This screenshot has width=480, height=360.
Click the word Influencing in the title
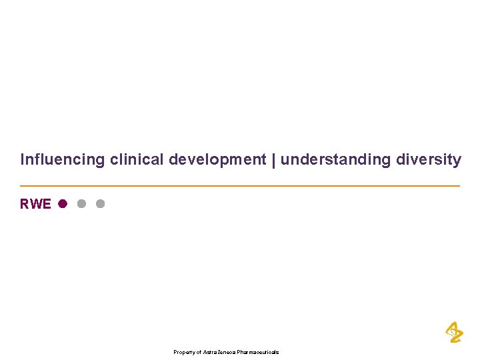[63, 160]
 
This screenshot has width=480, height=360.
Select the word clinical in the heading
[137, 160]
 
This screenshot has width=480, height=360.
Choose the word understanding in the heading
[336, 160]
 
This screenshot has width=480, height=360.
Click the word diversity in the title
[428, 160]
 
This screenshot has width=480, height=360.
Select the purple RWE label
[35, 204]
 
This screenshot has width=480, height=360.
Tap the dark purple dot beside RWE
[62, 203]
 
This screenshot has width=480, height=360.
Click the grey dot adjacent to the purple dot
[81, 203]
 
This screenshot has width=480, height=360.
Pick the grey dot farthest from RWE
[100, 203]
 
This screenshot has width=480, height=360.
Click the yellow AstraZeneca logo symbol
[453, 332]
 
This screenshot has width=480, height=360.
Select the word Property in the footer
[183, 352]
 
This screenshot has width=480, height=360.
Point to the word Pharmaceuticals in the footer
[258, 352]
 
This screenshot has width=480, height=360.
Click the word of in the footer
[198, 352]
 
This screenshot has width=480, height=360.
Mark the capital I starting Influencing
[22, 160]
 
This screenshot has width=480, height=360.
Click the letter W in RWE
[36, 204]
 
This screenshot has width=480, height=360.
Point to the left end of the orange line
[21, 185]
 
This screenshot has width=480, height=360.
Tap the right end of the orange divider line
[459, 185]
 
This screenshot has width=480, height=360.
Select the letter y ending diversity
[457, 161]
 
